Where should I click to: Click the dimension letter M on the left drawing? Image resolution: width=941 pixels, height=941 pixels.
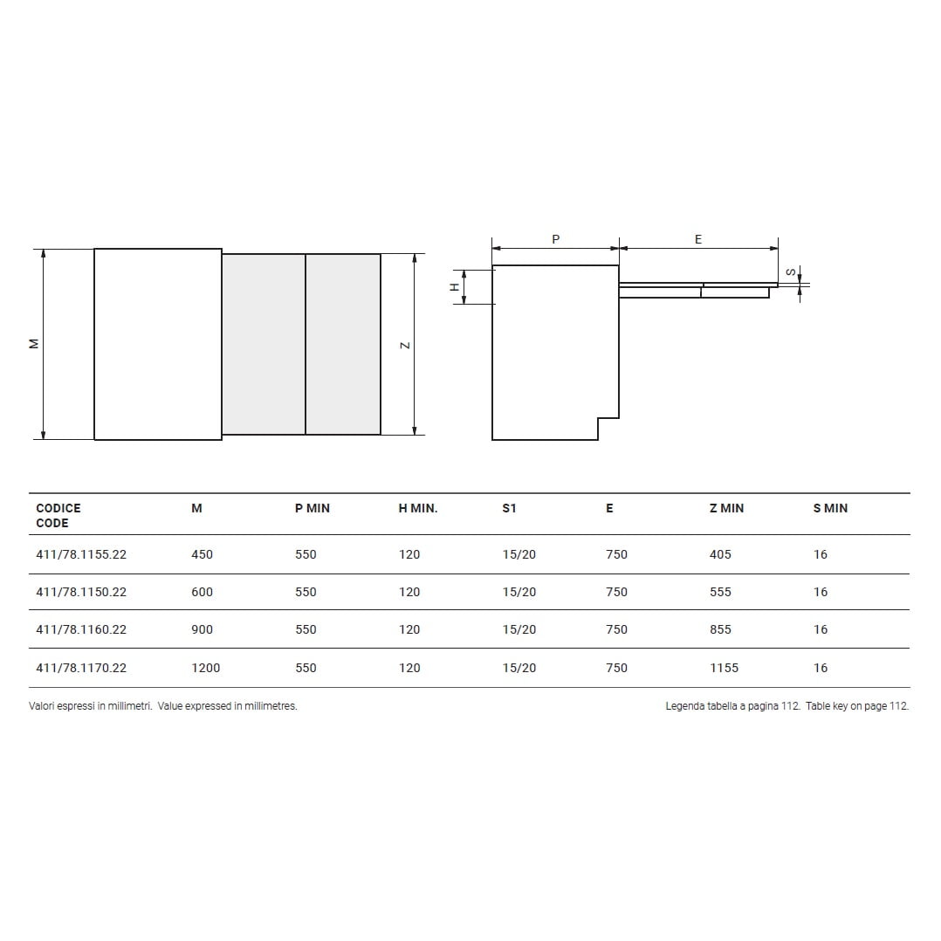pyautogui.click(x=34, y=344)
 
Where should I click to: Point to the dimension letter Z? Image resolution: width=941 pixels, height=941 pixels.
pyautogui.click(x=405, y=345)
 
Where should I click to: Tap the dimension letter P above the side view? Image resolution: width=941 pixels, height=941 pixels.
pyautogui.click(x=556, y=239)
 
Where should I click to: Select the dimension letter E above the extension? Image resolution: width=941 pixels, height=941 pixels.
pyautogui.click(x=698, y=239)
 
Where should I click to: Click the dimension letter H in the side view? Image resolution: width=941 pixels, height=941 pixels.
pyautogui.click(x=454, y=287)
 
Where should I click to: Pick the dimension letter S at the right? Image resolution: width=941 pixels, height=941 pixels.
pyautogui.click(x=791, y=272)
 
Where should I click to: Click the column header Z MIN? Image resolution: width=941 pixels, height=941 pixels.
pyautogui.click(x=726, y=508)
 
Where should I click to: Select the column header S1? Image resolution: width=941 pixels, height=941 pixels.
pyautogui.click(x=509, y=508)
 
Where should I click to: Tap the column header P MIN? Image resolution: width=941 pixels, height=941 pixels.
pyautogui.click(x=312, y=508)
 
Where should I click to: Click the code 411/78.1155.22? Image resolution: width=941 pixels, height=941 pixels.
pyautogui.click(x=81, y=554)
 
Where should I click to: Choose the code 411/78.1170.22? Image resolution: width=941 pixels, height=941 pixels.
pyautogui.click(x=81, y=668)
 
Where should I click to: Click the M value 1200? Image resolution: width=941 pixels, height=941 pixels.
pyautogui.click(x=205, y=668)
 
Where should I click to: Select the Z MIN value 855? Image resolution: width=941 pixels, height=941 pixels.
pyautogui.click(x=720, y=629)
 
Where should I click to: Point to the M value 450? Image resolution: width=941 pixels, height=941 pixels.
pyautogui.click(x=202, y=554)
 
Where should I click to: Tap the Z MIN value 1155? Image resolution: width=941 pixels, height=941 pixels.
pyautogui.click(x=724, y=668)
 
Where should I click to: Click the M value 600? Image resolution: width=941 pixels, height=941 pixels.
pyautogui.click(x=202, y=592)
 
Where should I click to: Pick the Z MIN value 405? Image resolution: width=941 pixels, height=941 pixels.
pyautogui.click(x=720, y=554)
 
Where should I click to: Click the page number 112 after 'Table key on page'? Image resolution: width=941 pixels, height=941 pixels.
pyautogui.click(x=898, y=706)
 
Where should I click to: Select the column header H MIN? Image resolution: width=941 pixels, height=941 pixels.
pyautogui.click(x=417, y=508)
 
